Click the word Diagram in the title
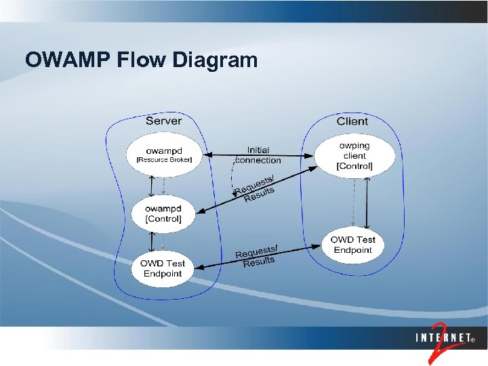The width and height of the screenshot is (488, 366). click(216, 60)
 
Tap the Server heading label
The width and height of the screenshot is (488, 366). click(163, 121)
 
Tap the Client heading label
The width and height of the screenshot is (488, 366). click(352, 121)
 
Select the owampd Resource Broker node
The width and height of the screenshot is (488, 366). click(164, 155)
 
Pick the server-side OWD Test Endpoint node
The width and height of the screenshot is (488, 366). click(163, 268)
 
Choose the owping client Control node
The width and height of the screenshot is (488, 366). click(354, 156)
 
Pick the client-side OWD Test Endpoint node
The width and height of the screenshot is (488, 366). click(353, 245)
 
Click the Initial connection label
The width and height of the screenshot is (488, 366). click(258, 155)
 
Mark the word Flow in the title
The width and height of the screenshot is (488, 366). click(144, 60)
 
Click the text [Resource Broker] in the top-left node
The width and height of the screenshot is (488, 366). click(164, 160)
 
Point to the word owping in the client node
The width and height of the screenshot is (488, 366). click(354, 146)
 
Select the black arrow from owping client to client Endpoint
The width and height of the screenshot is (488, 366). click(367, 203)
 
